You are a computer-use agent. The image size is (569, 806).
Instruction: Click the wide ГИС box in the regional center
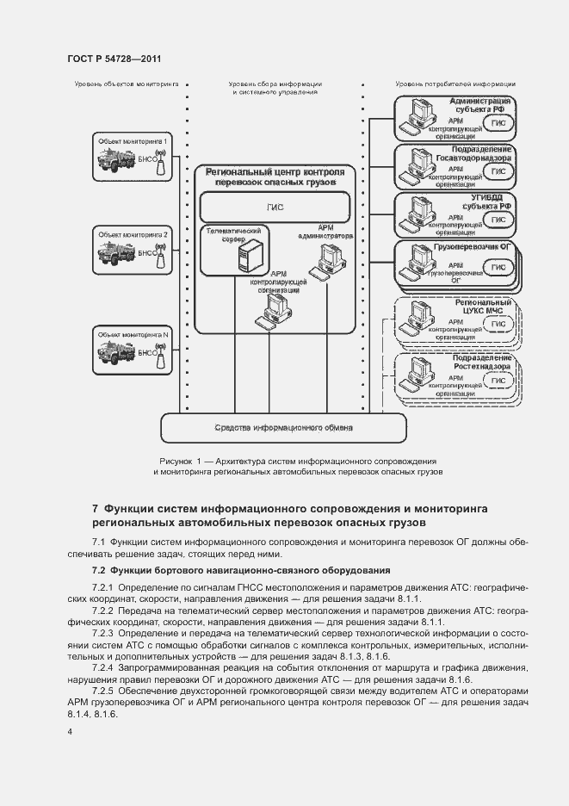pyautogui.click(x=275, y=208)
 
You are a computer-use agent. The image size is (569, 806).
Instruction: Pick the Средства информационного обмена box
pyautogui.click(x=283, y=426)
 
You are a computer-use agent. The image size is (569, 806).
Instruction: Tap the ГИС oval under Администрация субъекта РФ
pyautogui.click(x=498, y=123)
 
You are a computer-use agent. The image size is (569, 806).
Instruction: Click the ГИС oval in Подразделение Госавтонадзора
pyautogui.click(x=498, y=172)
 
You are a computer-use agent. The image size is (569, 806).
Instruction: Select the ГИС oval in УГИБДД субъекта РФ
pyautogui.click(x=498, y=220)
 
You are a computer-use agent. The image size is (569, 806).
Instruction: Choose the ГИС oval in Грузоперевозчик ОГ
pyautogui.click(x=498, y=268)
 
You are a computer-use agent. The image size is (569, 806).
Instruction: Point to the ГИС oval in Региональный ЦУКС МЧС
pyautogui.click(x=498, y=324)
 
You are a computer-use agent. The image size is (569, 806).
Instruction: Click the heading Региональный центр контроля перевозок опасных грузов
pyautogui.click(x=275, y=177)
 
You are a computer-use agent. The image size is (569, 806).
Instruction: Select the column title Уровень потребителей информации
pyautogui.click(x=455, y=84)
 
